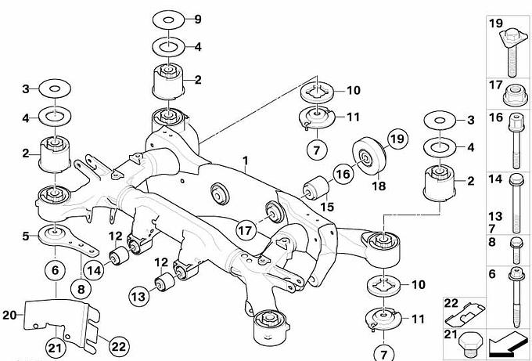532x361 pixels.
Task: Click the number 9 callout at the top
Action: point(197,18)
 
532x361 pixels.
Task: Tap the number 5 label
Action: point(25,234)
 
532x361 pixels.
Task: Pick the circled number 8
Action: point(81,288)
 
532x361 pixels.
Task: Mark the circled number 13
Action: point(138,296)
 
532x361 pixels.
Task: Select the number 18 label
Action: point(379,186)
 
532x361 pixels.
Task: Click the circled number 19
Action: point(397,139)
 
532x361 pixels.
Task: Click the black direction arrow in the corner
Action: point(507,341)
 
